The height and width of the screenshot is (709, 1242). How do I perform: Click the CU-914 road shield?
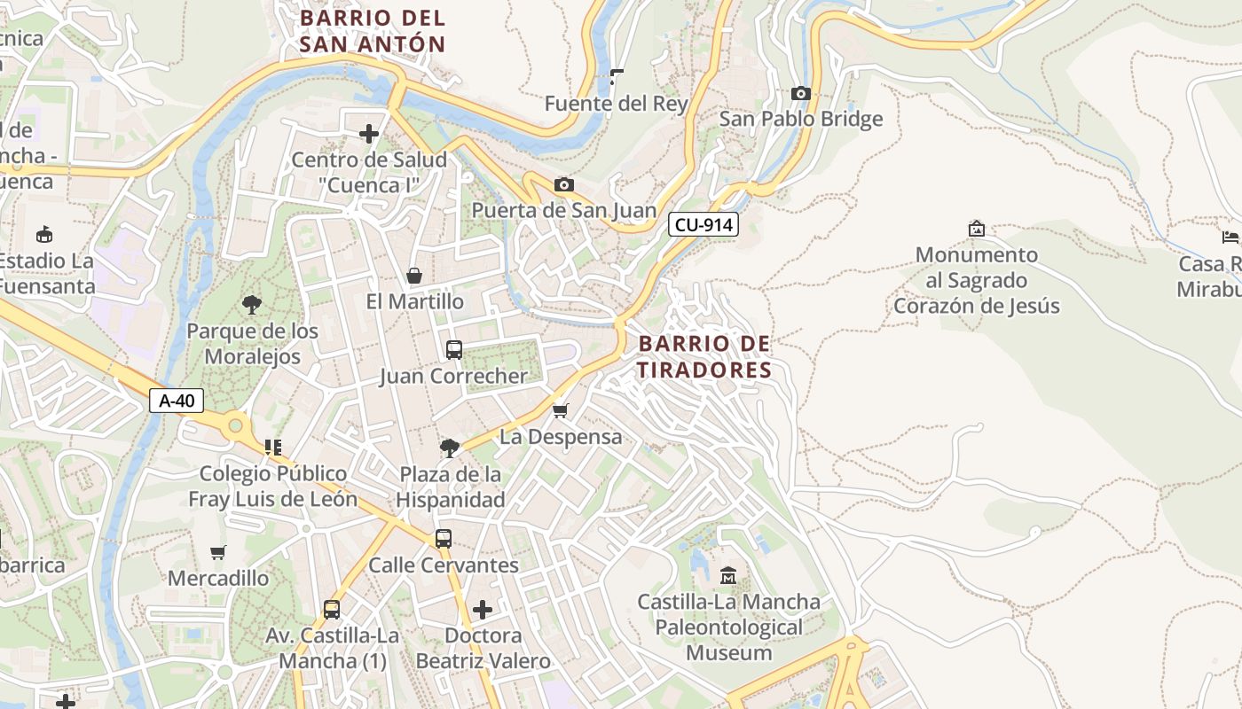[704, 224]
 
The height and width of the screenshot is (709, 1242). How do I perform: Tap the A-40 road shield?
[177, 401]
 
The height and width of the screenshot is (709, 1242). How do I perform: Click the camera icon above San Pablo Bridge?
[800, 93]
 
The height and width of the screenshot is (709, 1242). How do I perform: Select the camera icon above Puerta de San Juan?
[563, 184]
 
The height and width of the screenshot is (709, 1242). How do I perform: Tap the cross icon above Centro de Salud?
[369, 134]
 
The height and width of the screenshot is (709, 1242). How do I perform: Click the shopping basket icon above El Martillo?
[414, 276]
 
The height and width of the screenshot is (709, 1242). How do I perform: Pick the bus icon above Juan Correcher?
[454, 350]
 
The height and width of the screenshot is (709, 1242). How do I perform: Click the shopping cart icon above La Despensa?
[560, 410]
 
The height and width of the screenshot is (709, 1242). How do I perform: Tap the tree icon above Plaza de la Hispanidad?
[450, 448]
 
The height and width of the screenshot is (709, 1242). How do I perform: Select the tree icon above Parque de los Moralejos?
[252, 305]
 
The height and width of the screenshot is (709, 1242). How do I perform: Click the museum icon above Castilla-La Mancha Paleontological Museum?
[728, 576]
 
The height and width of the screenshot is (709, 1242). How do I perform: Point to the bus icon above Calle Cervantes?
[443, 539]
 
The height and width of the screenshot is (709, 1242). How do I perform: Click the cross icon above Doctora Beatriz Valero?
[483, 610]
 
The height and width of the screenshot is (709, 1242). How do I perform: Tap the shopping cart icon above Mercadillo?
[218, 552]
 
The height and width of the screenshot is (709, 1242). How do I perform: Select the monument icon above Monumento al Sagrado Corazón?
[977, 229]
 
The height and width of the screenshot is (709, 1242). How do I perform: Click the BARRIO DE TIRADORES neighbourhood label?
[704, 356]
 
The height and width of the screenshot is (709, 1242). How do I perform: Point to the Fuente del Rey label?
[617, 104]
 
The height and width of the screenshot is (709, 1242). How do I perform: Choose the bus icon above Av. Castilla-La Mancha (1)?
[331, 610]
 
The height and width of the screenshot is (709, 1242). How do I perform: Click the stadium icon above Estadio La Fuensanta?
[43, 234]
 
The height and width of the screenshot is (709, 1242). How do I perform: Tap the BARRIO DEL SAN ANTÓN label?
[373, 31]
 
